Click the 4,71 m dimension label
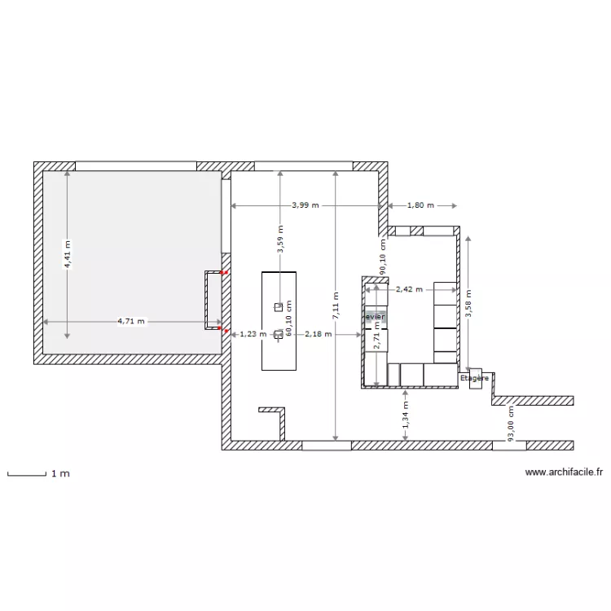point(131,321)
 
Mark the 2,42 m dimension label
point(409,288)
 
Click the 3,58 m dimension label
point(468,304)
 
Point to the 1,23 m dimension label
point(253,334)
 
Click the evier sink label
point(375,316)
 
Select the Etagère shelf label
point(474,378)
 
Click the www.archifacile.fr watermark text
point(563,471)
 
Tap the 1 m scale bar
point(26,473)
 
